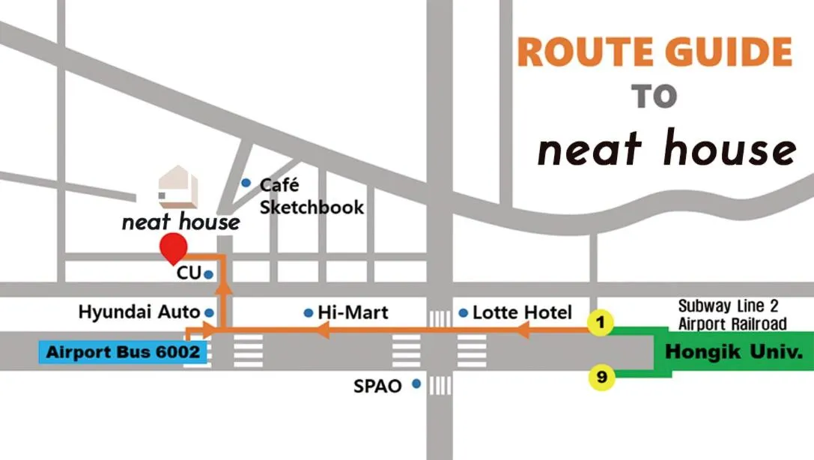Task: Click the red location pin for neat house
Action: tap(174, 246)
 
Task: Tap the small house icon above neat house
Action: tap(178, 187)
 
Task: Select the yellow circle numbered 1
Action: tap(600, 323)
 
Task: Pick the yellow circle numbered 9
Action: tap(601, 378)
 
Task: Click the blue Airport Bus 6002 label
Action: tap(123, 352)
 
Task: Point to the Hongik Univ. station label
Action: tap(729, 351)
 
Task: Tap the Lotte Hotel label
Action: tap(522, 312)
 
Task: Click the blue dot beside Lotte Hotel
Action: tap(464, 312)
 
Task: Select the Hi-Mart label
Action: tap(353, 312)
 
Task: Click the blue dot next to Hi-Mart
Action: tap(308, 312)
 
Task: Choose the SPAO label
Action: tap(377, 387)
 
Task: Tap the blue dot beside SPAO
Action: tap(416, 385)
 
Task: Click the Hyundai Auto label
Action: tap(139, 312)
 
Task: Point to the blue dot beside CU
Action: tap(208, 275)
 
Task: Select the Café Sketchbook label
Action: tap(312, 196)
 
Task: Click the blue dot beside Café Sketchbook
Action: tap(246, 183)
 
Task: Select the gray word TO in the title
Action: tap(654, 97)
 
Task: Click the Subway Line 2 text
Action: tap(732, 306)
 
